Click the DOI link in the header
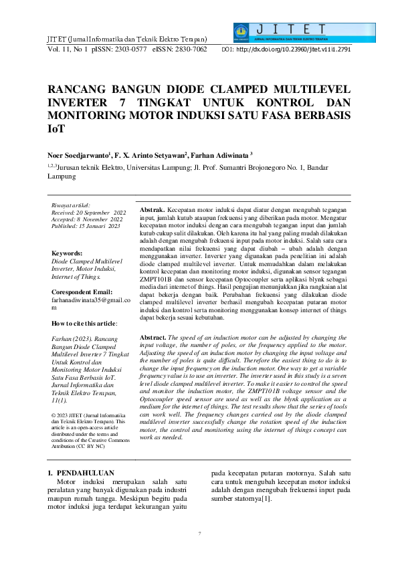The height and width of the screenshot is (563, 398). coord(294,49)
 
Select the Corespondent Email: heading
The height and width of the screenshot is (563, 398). coord(84,292)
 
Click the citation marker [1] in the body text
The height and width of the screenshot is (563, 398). coord(268,499)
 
